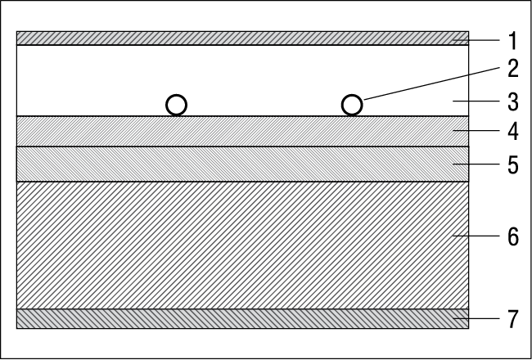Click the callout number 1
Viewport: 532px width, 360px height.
pos(513,41)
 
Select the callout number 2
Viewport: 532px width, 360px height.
pos(513,69)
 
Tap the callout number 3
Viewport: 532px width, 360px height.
pos(513,101)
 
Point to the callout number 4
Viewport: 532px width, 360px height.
pos(513,131)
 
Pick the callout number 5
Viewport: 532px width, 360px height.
pos(513,165)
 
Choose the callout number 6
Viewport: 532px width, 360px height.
pos(513,236)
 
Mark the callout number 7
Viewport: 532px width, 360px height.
pos(513,319)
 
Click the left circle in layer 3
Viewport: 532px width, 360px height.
pos(177,96)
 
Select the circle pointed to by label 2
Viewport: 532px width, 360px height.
pos(352,96)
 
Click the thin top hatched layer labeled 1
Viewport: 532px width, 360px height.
pos(242,38)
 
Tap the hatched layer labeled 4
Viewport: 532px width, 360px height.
pos(242,131)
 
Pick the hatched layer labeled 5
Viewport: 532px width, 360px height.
pos(242,164)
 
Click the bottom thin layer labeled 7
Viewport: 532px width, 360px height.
pos(242,318)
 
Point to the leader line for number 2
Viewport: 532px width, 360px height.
pos(431,83)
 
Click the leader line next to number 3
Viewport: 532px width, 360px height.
pos(476,101)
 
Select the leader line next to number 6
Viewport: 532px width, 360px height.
pos(476,236)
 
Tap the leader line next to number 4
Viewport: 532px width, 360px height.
pos(476,131)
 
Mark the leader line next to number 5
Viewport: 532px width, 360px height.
pos(476,164)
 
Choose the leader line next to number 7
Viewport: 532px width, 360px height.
pos(476,318)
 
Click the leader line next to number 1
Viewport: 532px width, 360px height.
pos(476,40)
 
